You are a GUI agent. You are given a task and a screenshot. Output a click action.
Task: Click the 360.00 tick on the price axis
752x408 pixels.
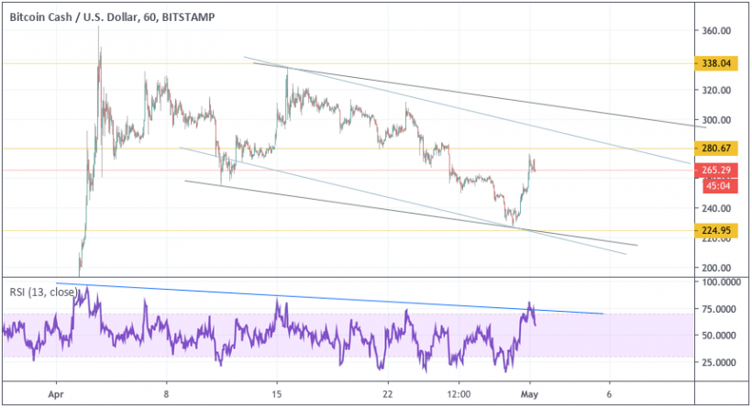click(716, 30)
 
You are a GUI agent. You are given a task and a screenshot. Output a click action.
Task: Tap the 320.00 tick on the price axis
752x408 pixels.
click(716, 90)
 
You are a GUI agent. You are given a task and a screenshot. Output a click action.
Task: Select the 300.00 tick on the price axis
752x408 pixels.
click(716, 119)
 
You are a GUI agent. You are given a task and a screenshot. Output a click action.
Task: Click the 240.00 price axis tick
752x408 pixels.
click(716, 208)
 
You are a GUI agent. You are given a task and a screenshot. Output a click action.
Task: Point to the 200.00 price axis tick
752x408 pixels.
click(716, 268)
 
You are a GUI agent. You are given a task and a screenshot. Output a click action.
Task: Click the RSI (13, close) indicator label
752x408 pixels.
click(44, 292)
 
